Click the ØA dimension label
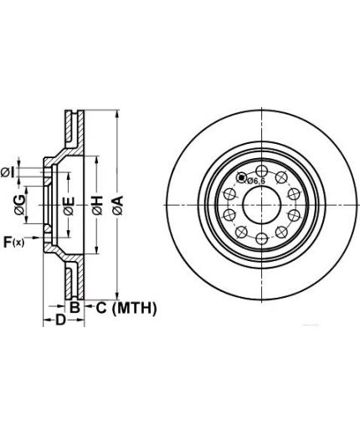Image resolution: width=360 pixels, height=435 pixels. (x=117, y=206)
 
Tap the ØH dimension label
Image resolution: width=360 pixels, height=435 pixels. (x=97, y=206)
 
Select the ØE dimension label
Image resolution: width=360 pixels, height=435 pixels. (x=69, y=206)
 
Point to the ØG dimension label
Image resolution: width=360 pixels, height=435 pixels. (x=20, y=205)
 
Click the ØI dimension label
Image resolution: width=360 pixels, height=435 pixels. (x=8, y=173)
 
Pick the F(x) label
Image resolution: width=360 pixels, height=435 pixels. (x=14, y=242)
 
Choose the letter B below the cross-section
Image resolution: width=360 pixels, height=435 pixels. (x=75, y=307)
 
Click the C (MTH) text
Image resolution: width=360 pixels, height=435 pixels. (x=126, y=308)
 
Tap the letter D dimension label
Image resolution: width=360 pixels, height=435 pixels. (x=60, y=320)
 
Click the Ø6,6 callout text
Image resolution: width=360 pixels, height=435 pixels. (x=255, y=181)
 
